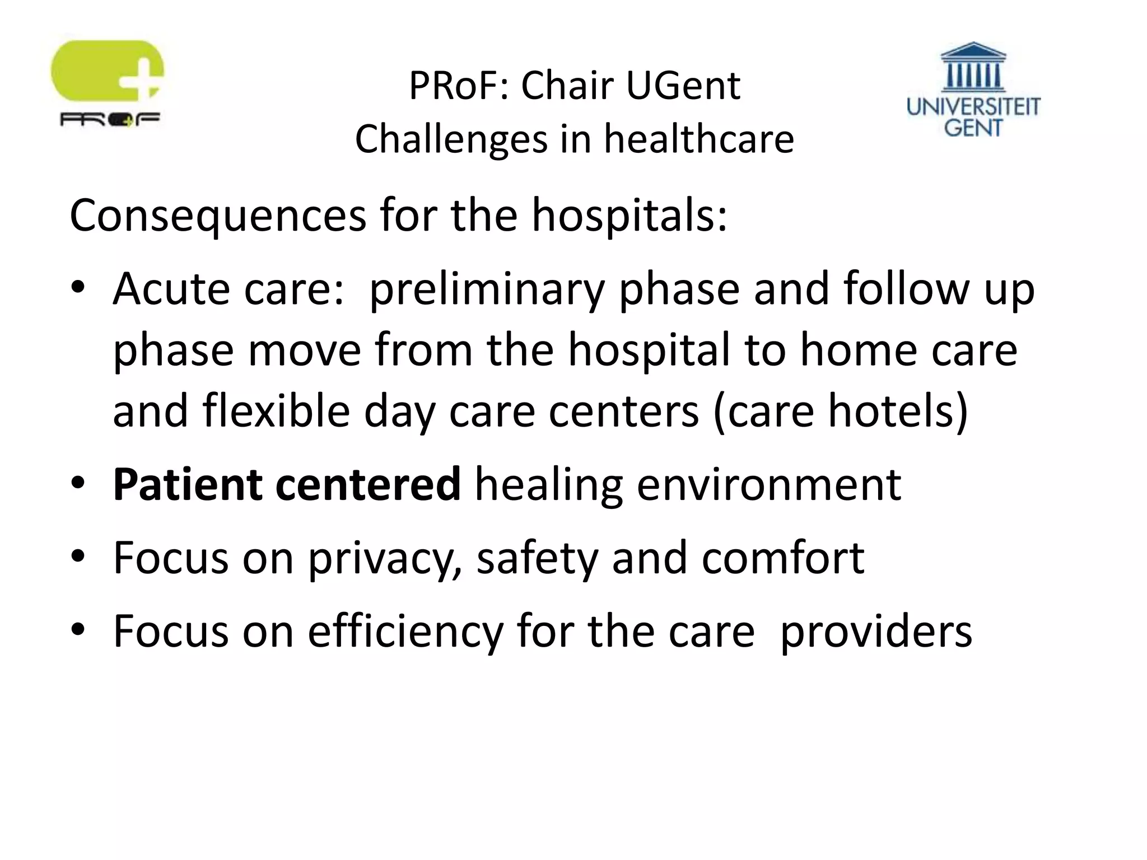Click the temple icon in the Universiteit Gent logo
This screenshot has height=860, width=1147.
[973, 67]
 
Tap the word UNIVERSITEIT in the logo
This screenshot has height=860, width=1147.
[973, 106]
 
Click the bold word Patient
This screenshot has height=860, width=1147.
[188, 484]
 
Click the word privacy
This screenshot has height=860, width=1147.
[384, 558]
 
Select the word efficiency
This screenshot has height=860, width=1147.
[405, 632]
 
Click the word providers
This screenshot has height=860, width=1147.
[876, 632]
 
